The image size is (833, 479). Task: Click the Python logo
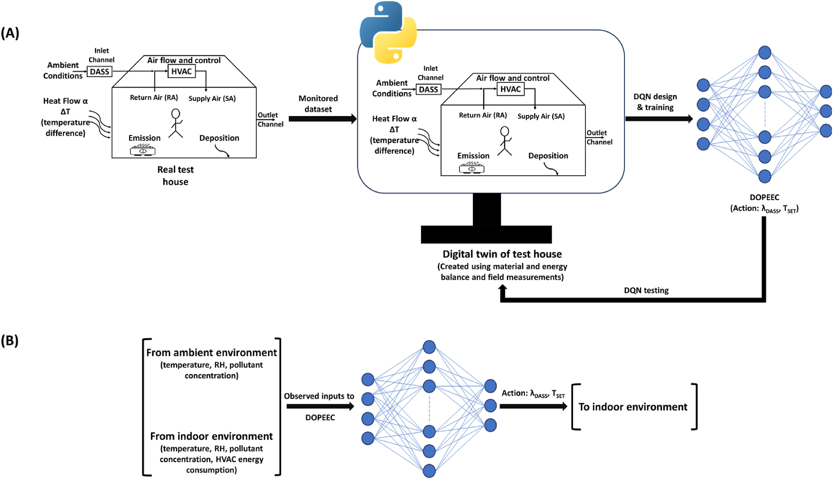388,32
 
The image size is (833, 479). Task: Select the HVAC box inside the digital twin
510,89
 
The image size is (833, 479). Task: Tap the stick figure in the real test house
176,123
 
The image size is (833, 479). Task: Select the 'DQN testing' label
646,290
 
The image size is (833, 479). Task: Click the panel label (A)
10,33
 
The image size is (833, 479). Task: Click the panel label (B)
10,341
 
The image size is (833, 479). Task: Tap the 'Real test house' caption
175,176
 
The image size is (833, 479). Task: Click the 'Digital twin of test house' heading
502,254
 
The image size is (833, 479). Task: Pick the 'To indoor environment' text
633,407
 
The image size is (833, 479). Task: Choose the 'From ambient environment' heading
212,353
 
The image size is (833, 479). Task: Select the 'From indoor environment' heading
212,436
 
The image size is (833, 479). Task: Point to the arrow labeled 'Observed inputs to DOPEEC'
320,407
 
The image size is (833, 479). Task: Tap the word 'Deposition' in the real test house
219,138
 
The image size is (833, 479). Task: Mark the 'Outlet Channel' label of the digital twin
599,137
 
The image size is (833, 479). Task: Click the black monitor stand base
486,234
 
